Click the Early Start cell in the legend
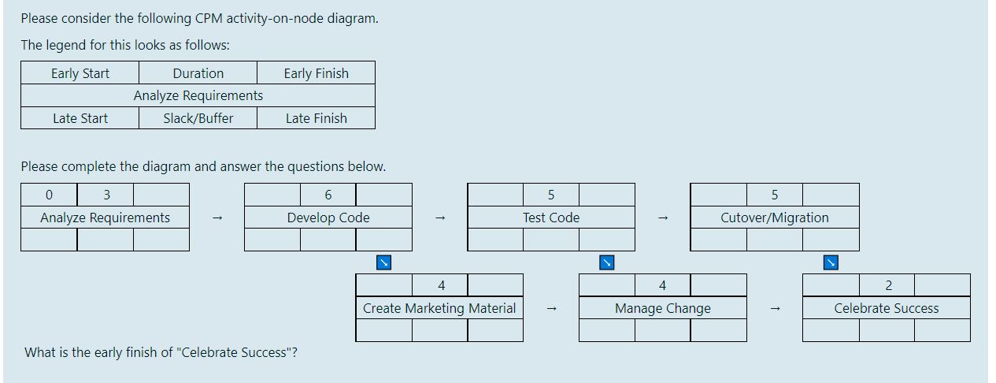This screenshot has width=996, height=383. click(80, 73)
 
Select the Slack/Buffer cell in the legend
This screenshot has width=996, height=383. click(198, 118)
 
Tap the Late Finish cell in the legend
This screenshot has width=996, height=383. click(316, 118)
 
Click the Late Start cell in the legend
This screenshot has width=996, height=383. click(80, 118)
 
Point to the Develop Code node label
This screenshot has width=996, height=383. click(328, 218)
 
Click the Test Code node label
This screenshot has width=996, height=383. click(551, 218)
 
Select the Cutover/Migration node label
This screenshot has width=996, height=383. click(775, 218)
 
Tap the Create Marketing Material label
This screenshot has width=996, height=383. click(439, 308)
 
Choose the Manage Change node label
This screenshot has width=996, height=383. click(663, 308)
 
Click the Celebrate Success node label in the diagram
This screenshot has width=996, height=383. click(887, 308)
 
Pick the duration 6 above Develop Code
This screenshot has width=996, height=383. click(328, 195)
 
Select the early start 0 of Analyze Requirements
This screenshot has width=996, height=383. click(50, 195)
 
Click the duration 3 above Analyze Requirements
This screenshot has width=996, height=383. click(106, 195)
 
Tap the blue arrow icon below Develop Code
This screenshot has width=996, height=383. click(383, 262)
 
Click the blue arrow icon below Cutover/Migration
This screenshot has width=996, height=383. click(830, 262)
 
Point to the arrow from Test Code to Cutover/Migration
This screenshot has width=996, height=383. click(663, 218)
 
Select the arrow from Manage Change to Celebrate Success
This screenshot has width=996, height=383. click(775, 309)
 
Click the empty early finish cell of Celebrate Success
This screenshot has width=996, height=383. click(942, 285)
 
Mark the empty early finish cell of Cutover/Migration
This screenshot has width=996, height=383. click(831, 195)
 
